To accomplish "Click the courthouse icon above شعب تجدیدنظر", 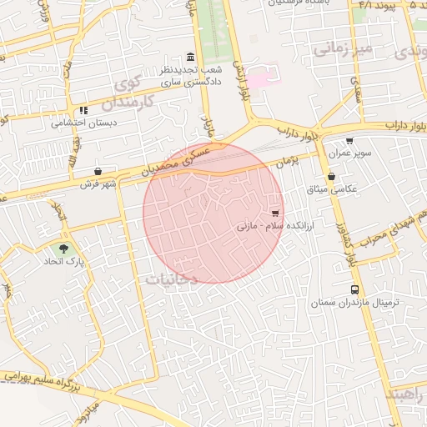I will point(191,58).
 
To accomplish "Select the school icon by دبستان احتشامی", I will point(83,110).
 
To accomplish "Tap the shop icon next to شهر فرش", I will point(98,172).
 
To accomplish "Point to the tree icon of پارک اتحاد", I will point(64,249).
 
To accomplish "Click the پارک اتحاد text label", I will point(65,262).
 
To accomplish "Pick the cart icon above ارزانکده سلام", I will point(275,212).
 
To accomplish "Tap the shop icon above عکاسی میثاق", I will point(332,176).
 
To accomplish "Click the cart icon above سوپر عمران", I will point(349,141).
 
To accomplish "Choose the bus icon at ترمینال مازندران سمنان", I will point(355,290).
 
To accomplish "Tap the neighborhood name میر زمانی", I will point(343,50).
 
